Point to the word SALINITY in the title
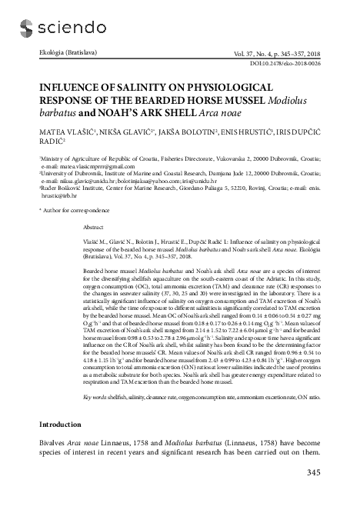pyautogui.click(x=151, y=87)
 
